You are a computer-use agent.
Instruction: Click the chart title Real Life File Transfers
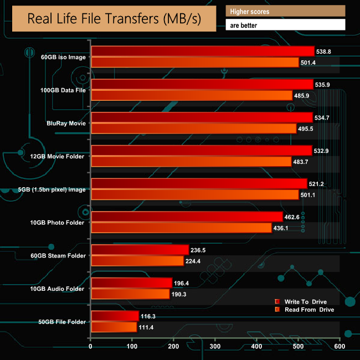pos(114,18)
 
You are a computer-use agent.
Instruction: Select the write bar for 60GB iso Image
pos(203,52)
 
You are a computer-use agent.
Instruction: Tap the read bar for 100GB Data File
pos(192,95)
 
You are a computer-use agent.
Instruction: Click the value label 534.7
pos(325,117)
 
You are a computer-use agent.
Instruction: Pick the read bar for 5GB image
pos(195,194)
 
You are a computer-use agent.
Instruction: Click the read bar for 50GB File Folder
pos(114,327)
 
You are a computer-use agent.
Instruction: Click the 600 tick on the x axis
pos(340,347)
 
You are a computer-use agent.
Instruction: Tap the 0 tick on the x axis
pos(91,347)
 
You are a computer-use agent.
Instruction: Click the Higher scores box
pos(285,11)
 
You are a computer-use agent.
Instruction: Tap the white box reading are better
pos(285,25)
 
